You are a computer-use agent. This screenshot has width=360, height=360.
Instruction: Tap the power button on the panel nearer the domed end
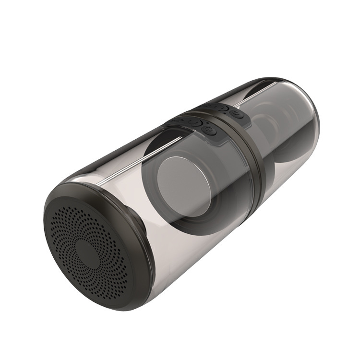pos(236,113)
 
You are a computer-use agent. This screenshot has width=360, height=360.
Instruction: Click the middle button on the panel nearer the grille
pos(195,123)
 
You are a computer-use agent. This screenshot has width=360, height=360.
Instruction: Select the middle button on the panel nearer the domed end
pos(222,108)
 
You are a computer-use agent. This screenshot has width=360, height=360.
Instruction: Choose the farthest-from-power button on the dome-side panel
pos(208,106)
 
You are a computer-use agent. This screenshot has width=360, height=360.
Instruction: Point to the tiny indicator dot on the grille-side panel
pos(207,123)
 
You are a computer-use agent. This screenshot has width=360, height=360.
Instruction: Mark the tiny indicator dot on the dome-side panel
pos(224,113)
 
